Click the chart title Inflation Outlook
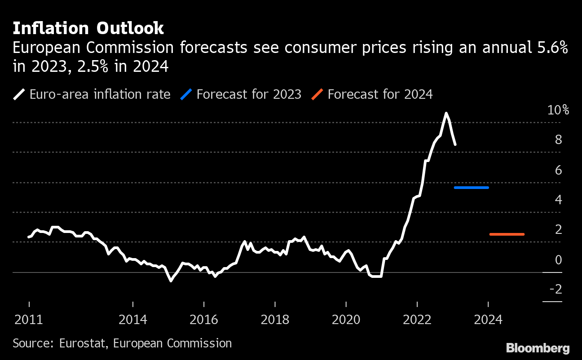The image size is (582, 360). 88,29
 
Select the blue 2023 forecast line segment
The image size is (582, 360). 471,188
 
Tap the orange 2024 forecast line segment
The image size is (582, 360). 507,234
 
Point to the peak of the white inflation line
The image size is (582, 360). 446,114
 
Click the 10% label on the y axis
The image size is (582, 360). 558,110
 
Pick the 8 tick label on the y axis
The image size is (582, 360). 558,140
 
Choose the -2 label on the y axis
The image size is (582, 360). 556,290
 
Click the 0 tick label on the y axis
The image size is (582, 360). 558,260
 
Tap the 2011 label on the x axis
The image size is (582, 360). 29,320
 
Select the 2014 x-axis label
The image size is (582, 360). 133,320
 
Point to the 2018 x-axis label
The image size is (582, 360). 275,320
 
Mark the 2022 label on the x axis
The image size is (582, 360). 417,320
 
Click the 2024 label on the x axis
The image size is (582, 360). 488,320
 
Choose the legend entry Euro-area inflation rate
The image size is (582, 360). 100,95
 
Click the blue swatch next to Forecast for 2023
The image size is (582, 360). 186,95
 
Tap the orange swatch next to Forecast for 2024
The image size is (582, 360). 317,95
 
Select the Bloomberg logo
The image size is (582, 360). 538,348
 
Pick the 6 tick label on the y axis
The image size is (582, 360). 558,170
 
